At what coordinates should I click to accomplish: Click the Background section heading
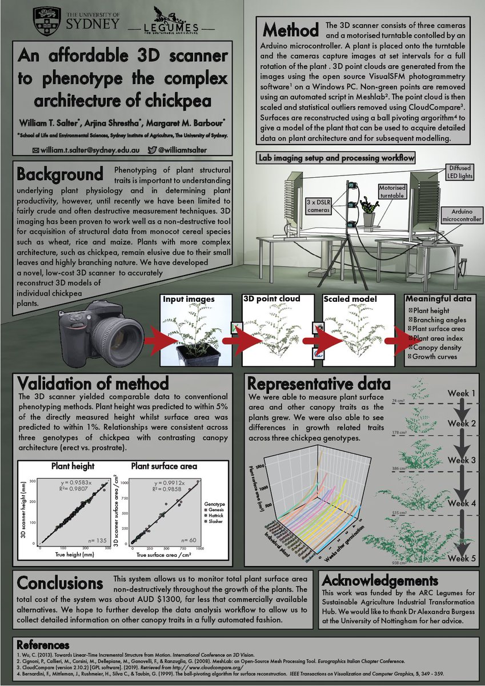60,173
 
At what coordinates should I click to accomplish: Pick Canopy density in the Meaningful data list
437,348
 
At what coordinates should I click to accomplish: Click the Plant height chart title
73,466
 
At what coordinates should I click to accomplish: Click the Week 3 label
462,461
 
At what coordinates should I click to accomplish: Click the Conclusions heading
60,583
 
